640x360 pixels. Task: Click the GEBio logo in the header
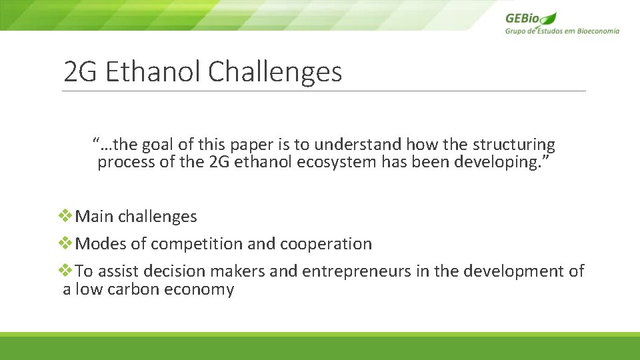531,19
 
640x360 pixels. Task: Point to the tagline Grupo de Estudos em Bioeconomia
561,31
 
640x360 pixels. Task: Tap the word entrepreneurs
355,271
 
